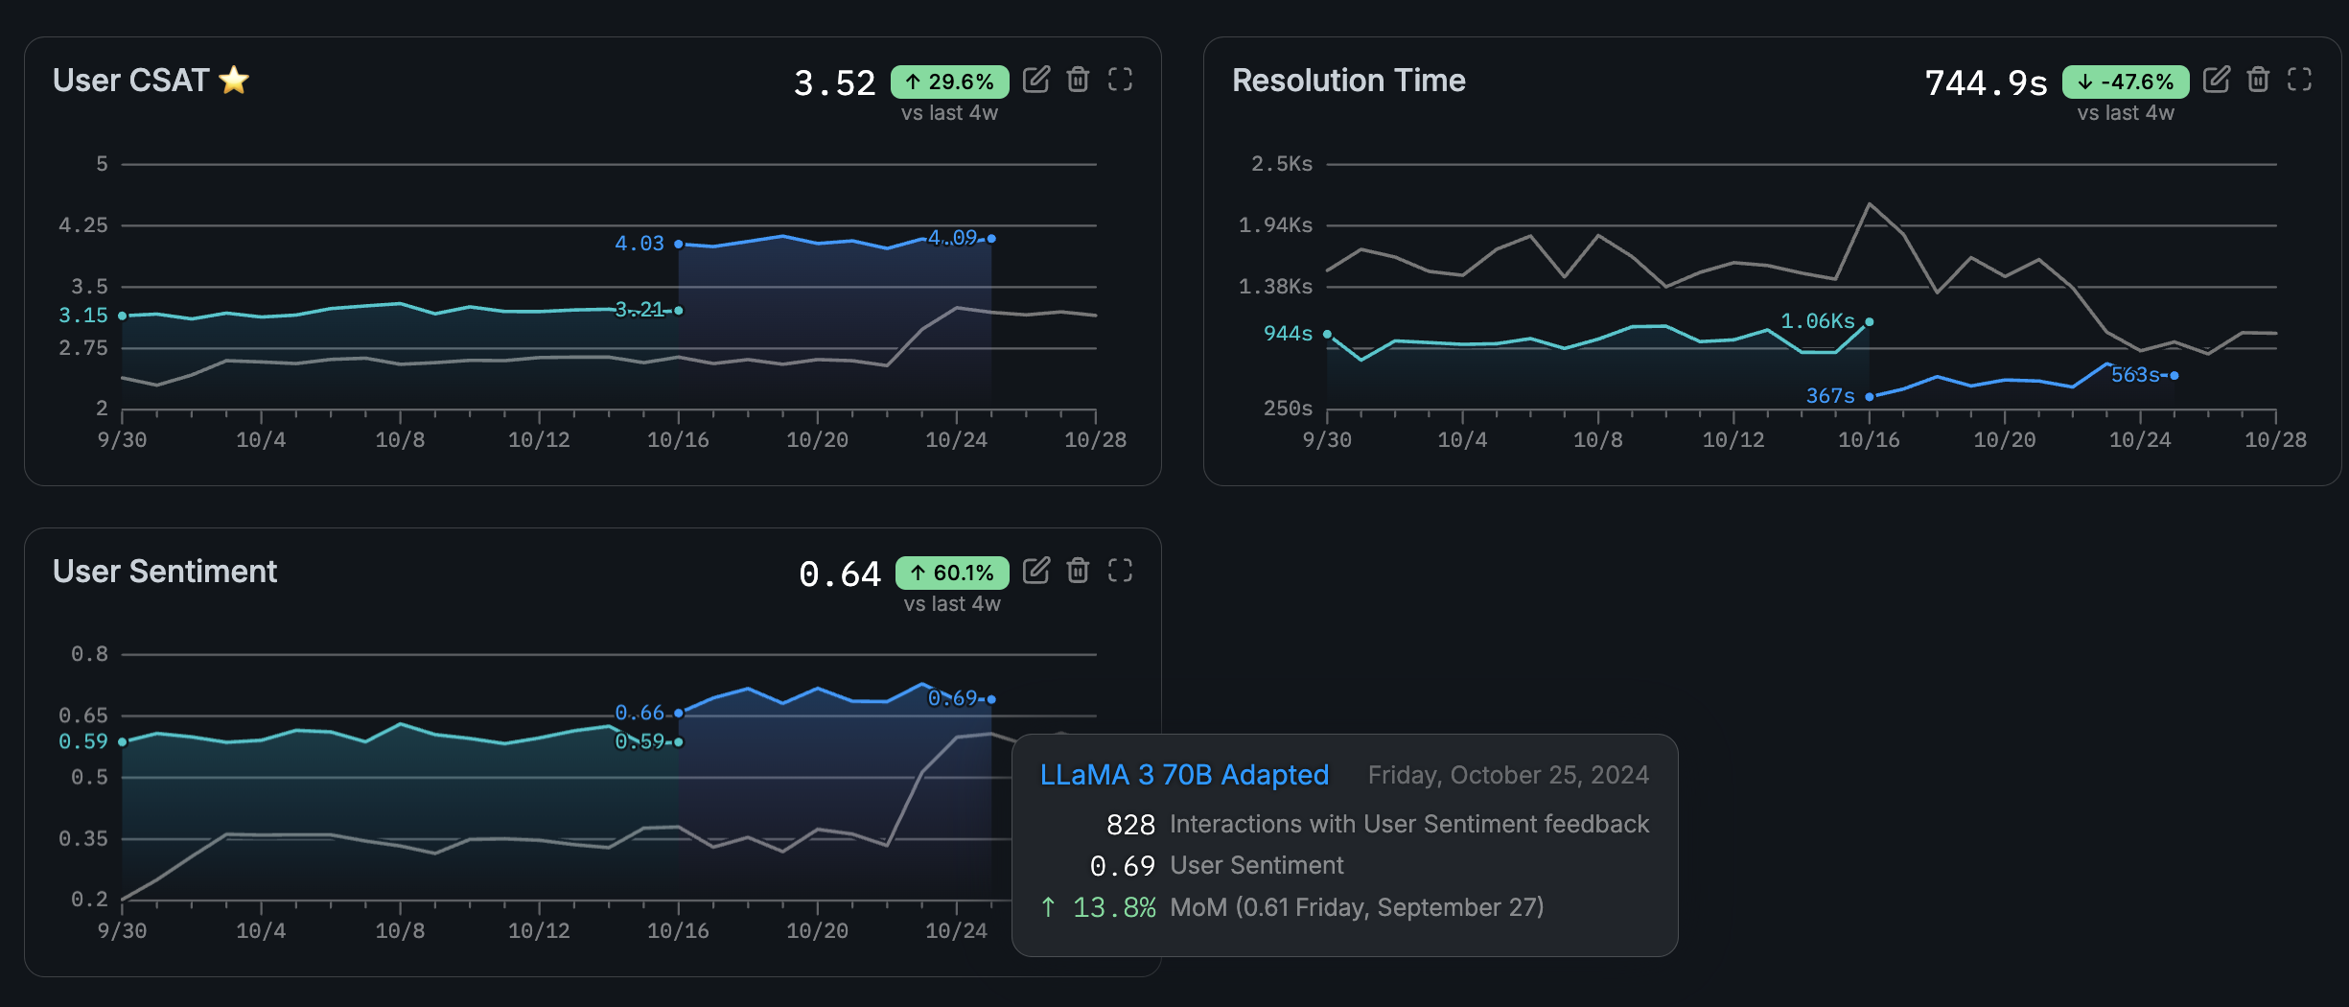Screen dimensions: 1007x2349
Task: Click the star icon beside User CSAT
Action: coord(234,80)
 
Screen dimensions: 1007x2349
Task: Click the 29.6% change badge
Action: coord(949,82)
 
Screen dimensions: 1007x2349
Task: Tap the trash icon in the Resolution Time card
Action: coord(2258,80)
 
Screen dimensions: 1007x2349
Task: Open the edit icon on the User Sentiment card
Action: coord(1036,571)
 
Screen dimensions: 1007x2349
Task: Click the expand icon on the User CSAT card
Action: coord(1120,80)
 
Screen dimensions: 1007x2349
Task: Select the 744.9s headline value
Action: coord(1986,83)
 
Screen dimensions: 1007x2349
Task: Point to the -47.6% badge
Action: coord(2126,82)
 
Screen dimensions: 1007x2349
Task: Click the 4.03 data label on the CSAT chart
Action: coord(640,244)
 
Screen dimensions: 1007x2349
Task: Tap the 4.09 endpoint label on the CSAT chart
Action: coord(952,237)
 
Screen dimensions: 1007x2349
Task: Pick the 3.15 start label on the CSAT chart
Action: coord(83,315)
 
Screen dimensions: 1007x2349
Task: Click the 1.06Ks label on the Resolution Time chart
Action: coord(1817,321)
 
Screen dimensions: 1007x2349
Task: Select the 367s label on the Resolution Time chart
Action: coord(1830,395)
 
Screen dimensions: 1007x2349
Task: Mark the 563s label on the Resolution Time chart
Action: coord(2135,375)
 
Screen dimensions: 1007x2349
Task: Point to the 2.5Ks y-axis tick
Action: coord(1281,164)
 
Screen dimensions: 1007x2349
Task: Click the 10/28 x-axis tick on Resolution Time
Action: coord(2275,440)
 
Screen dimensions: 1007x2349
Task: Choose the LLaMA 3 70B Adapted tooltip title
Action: coord(1184,775)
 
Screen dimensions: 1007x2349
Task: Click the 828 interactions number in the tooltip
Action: coord(1130,825)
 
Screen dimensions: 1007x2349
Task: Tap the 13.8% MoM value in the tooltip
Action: coord(1113,907)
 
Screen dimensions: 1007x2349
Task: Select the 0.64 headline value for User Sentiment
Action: coord(839,574)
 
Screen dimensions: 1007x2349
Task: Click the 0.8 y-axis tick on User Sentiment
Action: coord(89,654)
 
